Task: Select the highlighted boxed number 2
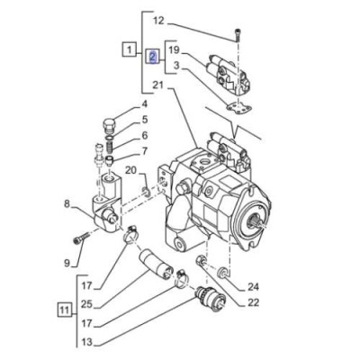(152, 57)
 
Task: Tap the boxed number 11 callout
(63, 312)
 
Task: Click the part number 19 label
(175, 50)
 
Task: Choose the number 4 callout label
(141, 105)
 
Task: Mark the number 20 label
(130, 170)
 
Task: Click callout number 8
(66, 204)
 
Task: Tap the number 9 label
(66, 263)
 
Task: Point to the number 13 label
(86, 342)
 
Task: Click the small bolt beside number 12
(237, 35)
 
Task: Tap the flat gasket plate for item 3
(237, 108)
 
